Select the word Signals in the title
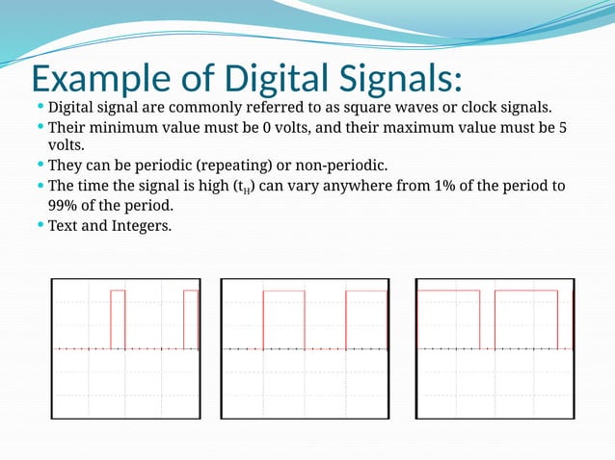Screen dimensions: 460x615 click(397, 77)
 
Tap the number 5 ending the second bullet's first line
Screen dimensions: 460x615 click(563, 127)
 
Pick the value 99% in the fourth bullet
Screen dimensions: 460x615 click(64, 206)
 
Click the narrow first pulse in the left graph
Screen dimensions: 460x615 click(118, 319)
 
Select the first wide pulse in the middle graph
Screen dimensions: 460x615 click(283, 319)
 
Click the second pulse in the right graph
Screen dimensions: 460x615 click(525, 319)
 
